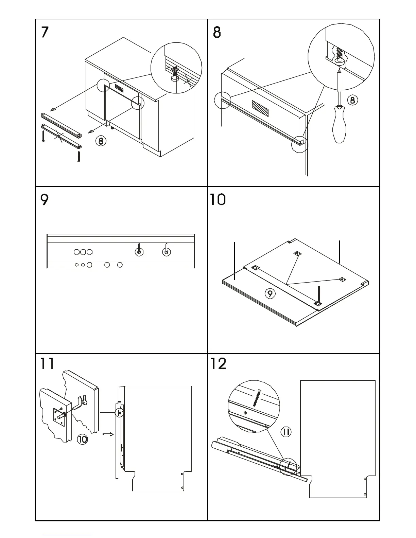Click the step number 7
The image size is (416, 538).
45,32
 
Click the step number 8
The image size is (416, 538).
217,32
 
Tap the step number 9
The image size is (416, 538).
45,200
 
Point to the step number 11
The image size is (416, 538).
47,363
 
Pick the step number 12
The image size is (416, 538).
218,363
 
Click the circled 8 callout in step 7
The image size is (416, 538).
101,140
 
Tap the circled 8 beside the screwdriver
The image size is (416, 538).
352,100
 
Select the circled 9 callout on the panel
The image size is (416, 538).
270,293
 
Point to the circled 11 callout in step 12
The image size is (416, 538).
286,432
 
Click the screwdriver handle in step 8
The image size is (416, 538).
340,125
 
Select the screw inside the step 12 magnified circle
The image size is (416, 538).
257,397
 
